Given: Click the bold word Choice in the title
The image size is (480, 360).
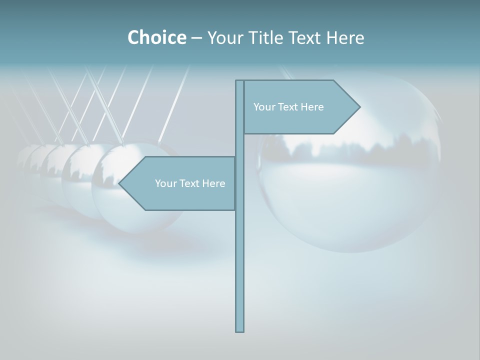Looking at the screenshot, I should pyautogui.click(x=156, y=37).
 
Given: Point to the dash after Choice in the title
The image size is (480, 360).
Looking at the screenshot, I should pyautogui.click(x=196, y=38).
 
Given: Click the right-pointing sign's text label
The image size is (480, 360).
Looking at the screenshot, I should pyautogui.click(x=288, y=107).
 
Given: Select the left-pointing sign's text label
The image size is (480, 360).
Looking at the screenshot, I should pyautogui.click(x=190, y=183).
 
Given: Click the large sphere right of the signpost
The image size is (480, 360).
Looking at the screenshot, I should pyautogui.click(x=350, y=200).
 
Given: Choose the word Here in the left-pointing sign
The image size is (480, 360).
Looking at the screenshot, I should pyautogui.click(x=213, y=183).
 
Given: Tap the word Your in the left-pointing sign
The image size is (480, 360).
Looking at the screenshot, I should pyautogui.click(x=165, y=183).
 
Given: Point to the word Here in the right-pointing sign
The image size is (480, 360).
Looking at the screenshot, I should pyautogui.click(x=312, y=107).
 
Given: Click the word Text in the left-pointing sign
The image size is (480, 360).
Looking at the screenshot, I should pyautogui.click(x=189, y=183).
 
